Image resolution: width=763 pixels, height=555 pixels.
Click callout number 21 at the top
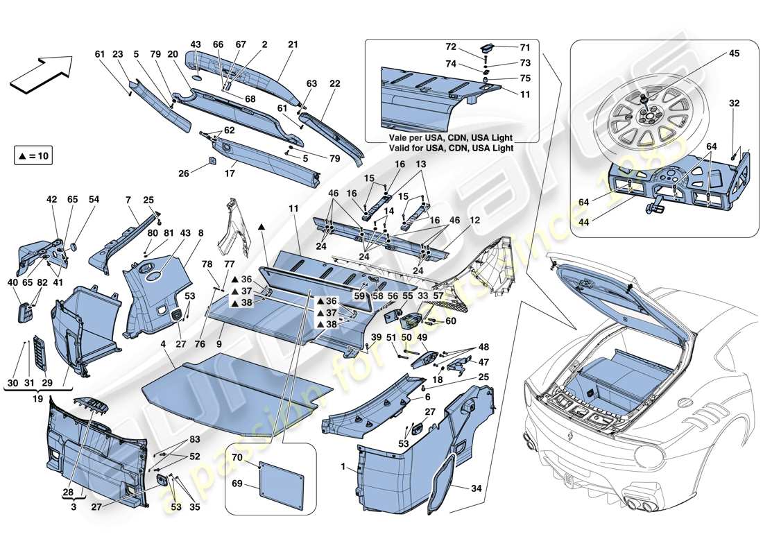(292, 45)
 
